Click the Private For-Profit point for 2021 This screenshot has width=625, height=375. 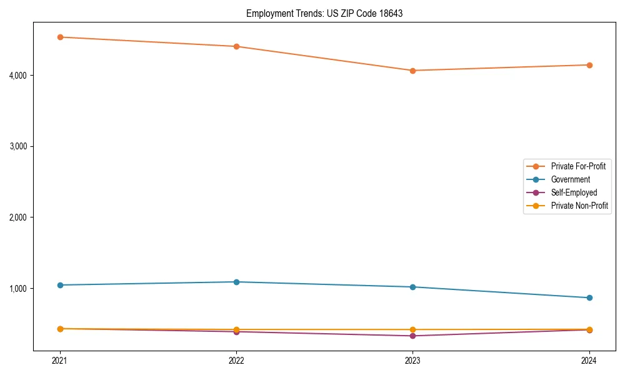coord(60,37)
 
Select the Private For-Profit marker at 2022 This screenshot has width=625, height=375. coord(236,46)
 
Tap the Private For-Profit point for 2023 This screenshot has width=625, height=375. coord(412,71)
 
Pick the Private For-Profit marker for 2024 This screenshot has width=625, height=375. coord(589,65)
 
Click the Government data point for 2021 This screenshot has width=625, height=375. coord(60,285)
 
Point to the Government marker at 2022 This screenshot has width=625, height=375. coord(236,282)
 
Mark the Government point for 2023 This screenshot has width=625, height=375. coord(412,287)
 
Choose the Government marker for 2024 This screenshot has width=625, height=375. coord(589,297)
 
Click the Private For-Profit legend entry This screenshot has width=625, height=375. coord(578,166)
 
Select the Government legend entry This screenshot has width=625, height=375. coord(570,179)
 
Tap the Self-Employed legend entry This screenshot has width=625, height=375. coord(574,192)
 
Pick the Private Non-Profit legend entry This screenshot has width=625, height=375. coord(579,206)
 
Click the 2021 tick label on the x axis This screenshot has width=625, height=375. coord(60,361)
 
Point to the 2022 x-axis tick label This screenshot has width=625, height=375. coord(236,361)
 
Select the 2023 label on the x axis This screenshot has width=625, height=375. coord(412,361)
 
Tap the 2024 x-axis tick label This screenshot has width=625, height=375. coord(589,361)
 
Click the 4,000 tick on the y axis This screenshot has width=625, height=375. coord(17,76)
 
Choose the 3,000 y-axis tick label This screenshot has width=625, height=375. coord(17,146)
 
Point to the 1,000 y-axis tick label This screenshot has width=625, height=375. coord(17,289)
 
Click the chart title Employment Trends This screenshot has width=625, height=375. coord(324,13)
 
